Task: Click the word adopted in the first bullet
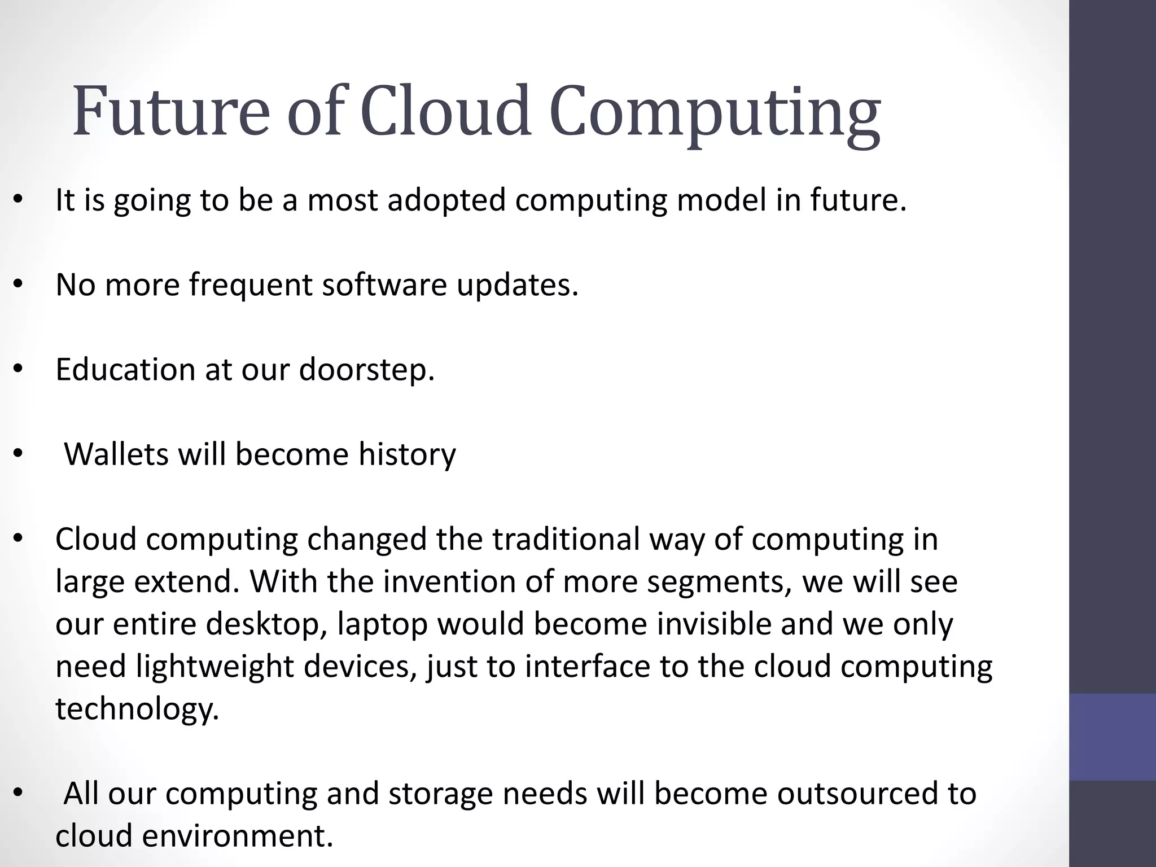pyautogui.click(x=446, y=201)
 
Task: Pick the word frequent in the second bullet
pyautogui.click(x=251, y=286)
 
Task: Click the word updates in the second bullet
pyautogui.click(x=518, y=286)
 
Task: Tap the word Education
pyautogui.click(x=124, y=370)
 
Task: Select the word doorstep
pyautogui.click(x=366, y=371)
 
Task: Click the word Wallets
pyautogui.click(x=116, y=454)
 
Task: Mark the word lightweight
pyautogui.click(x=214, y=667)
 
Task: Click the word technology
pyautogui.click(x=137, y=710)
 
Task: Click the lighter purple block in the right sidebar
pyautogui.click(x=1112, y=737)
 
